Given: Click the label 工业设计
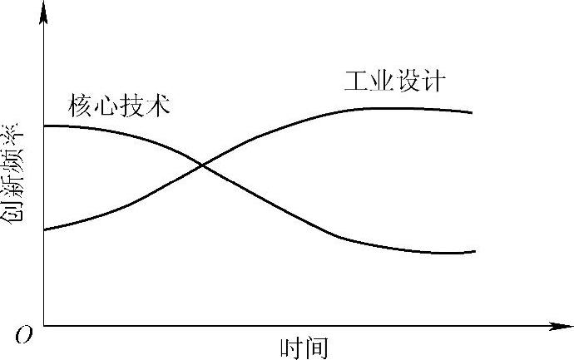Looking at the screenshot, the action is (395, 81).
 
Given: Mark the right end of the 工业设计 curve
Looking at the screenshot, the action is (473, 112).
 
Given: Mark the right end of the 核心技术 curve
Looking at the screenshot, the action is (474, 251).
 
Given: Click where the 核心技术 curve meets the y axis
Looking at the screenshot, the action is (43, 126).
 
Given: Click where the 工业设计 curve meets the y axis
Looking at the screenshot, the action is (43, 229).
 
